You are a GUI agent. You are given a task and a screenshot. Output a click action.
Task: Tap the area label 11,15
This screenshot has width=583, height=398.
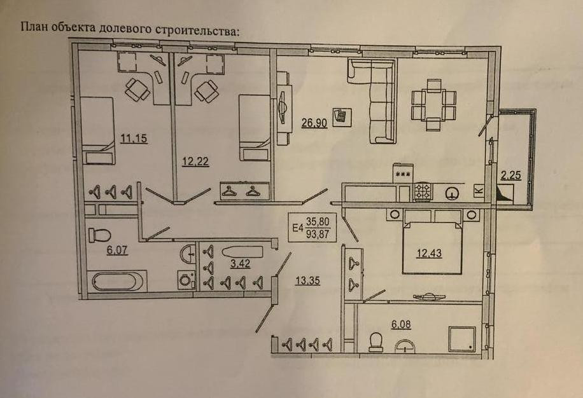coord(134,138)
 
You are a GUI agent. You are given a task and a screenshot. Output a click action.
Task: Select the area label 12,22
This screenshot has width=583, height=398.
coord(195,161)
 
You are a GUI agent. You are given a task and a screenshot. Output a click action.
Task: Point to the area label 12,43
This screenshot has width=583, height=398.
coord(430,254)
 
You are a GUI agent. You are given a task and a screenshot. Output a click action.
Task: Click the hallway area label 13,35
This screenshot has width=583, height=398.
coord(307,278)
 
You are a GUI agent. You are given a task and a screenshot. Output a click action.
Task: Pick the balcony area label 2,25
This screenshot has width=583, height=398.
coord(511,176)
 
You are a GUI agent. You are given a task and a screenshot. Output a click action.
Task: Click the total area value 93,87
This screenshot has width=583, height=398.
coord(318,232)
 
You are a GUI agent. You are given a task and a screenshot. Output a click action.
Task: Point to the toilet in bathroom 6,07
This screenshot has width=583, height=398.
coord(99,235)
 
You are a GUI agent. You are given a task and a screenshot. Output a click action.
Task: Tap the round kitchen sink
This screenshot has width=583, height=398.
coord(453,193)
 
